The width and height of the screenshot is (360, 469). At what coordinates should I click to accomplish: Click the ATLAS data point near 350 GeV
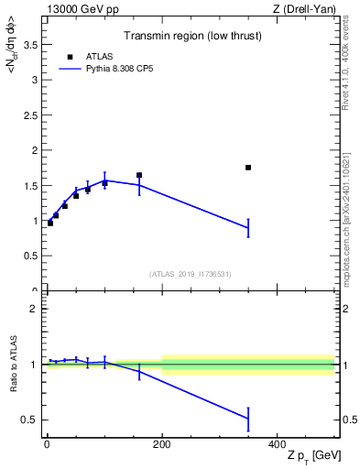pos(248,168)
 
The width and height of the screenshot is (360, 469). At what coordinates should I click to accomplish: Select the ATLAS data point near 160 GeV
pos(139,175)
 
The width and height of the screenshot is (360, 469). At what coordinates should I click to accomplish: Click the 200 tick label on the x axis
pos(162,443)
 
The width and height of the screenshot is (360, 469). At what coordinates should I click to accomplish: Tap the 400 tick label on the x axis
pos(278,443)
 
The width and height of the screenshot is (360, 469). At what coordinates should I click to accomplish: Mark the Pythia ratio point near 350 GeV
pos(248,419)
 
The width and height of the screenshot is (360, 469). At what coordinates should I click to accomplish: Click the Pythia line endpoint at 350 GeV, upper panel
pos(248,228)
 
